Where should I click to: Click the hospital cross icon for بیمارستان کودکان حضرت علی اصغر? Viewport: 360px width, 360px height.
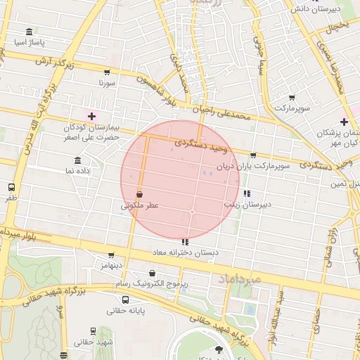click(x=91, y=115)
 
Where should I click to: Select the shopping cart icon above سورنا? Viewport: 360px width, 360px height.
click(x=106, y=72)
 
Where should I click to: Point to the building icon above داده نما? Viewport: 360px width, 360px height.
click(x=77, y=160)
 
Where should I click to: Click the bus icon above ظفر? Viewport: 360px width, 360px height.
click(x=11, y=188)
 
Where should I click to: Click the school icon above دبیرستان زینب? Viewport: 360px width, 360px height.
click(x=246, y=193)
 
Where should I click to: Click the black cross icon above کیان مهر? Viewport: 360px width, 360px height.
click(x=344, y=122)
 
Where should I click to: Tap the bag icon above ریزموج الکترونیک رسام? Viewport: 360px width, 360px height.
click(x=153, y=273)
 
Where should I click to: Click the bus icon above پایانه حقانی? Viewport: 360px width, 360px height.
click(x=126, y=300)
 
